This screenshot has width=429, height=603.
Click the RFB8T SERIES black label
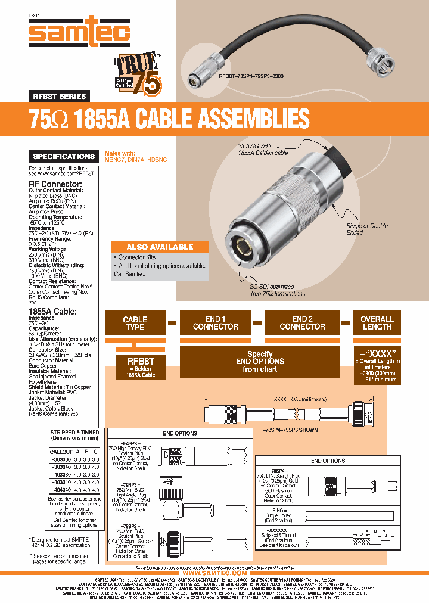(x=60, y=96)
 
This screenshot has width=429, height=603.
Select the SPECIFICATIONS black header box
(x=64, y=157)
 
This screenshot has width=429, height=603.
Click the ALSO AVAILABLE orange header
(x=160, y=247)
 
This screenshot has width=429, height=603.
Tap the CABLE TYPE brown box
(x=135, y=323)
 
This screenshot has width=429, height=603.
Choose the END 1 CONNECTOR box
(x=215, y=323)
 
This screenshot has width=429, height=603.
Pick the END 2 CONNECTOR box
(x=302, y=323)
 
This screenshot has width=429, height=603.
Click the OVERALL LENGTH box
(x=377, y=323)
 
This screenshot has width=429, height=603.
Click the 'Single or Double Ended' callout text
(x=367, y=229)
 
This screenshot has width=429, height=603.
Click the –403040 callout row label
(x=61, y=481)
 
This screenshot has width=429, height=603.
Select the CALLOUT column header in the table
(x=61, y=452)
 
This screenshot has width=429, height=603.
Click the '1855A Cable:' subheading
(x=53, y=311)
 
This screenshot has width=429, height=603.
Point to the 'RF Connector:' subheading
(x=52, y=184)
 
